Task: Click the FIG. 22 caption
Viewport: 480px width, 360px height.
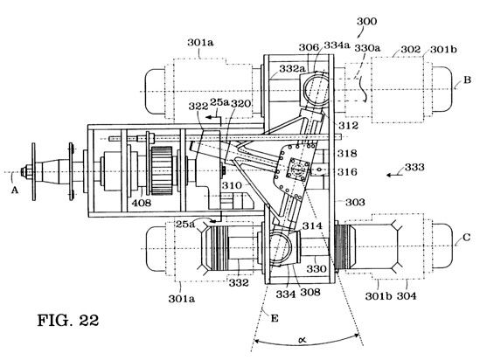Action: tap(68, 320)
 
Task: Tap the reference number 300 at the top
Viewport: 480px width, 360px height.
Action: tap(367, 22)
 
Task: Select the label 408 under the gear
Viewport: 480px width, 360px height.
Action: tap(142, 203)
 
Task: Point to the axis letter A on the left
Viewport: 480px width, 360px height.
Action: tap(15, 190)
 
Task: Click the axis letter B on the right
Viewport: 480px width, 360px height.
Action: tap(467, 80)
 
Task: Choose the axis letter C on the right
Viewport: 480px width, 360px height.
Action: tap(467, 238)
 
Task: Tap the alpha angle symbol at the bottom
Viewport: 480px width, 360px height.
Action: tap(303, 339)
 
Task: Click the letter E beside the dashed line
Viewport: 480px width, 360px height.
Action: tap(275, 318)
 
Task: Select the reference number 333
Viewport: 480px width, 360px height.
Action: tap(414, 167)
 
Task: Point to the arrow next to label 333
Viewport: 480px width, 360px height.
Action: tap(395, 175)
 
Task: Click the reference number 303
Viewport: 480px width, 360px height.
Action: tap(355, 202)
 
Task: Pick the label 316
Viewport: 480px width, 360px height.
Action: tap(347, 172)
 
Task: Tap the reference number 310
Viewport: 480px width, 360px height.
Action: tap(232, 185)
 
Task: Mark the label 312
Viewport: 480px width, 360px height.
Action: tap(348, 125)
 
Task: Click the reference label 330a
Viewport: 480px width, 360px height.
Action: tap(367, 48)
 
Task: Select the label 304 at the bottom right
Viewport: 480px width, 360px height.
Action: tap(407, 295)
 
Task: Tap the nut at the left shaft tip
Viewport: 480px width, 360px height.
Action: tap(25, 171)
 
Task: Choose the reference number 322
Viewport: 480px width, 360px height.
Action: tap(198, 107)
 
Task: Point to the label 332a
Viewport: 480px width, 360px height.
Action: tap(292, 69)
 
